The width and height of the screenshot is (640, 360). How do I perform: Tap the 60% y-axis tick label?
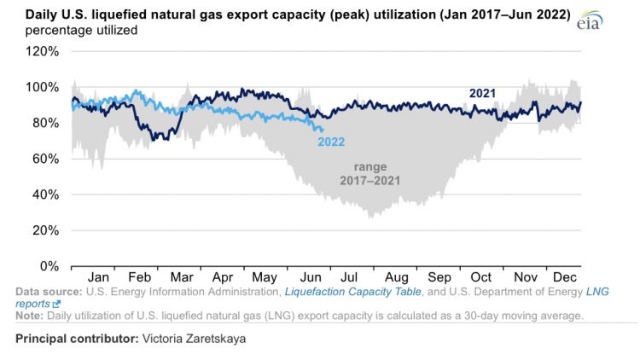pos(44,159)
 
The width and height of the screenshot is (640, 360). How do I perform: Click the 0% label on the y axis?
pos(49,266)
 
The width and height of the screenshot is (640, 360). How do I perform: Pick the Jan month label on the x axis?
pos(99,277)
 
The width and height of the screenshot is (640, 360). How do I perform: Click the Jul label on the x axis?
pos(350,277)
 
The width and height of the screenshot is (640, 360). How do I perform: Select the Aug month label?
pos(396,277)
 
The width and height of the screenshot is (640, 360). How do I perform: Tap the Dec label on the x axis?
pos(564,277)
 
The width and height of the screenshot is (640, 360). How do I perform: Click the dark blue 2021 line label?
pos(482,93)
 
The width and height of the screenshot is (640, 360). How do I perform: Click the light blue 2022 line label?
pos(331,142)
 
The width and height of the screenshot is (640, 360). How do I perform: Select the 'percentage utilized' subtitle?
pos(76,30)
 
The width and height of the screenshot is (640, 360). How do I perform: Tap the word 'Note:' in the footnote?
pos(32,316)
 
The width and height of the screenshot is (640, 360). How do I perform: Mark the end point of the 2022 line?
pos(322,131)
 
